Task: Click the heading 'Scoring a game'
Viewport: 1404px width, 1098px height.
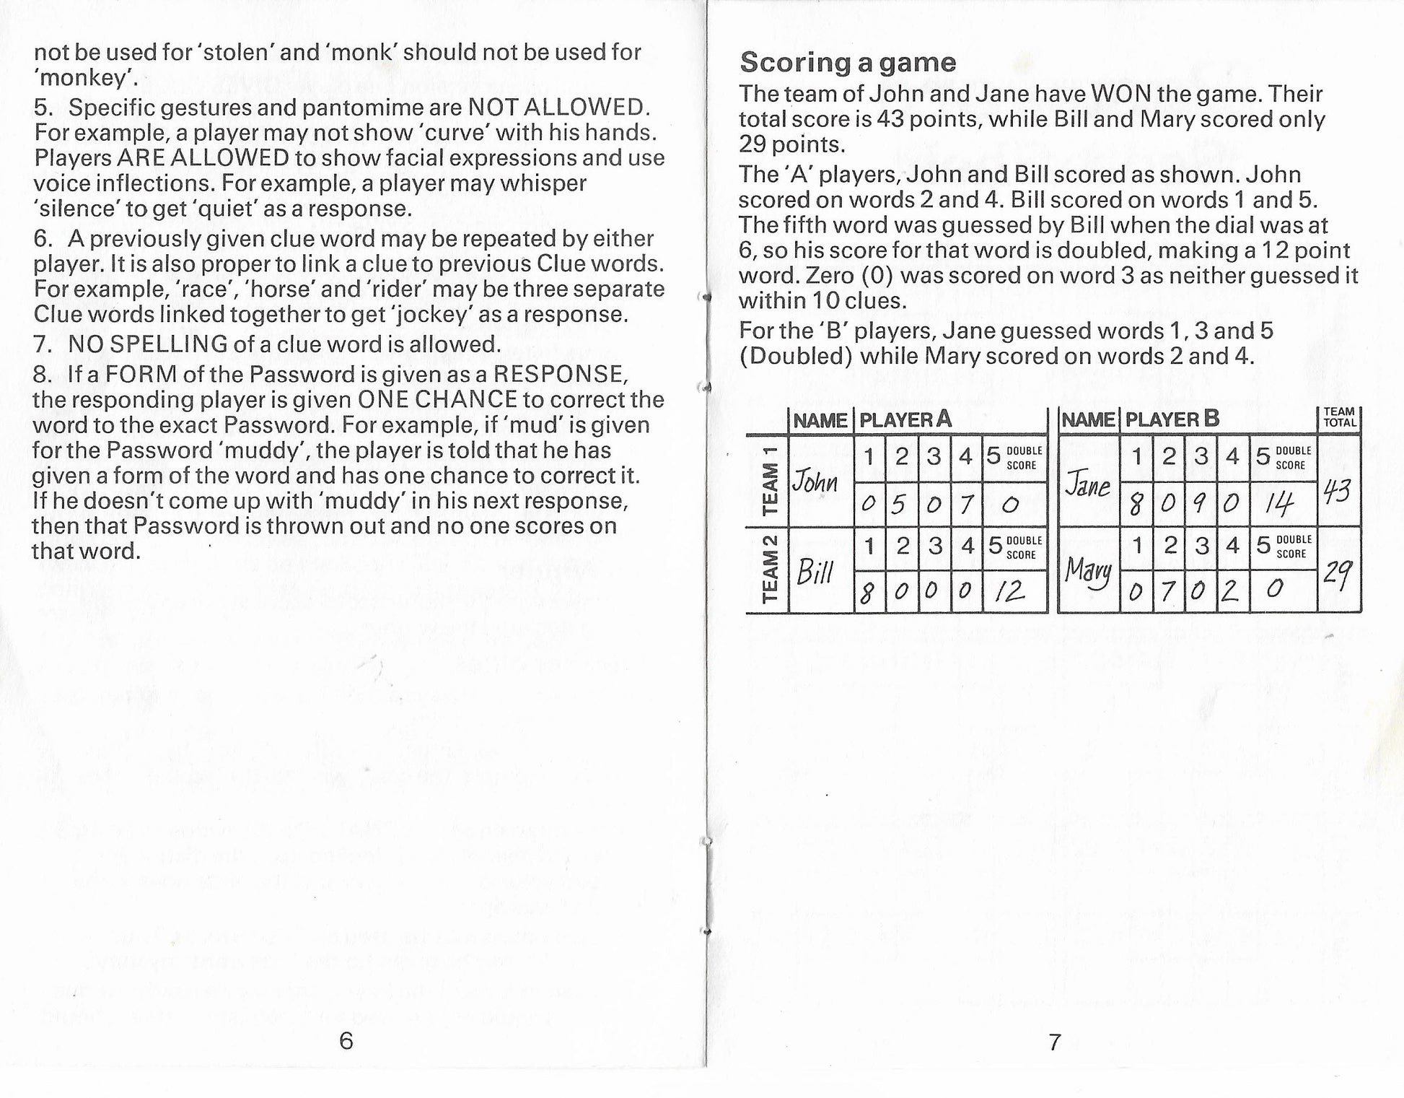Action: (848, 62)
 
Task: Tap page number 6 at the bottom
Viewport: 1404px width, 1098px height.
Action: (346, 1040)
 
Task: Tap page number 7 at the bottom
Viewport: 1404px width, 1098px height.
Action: (1055, 1042)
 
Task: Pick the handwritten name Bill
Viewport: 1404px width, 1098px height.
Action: (815, 573)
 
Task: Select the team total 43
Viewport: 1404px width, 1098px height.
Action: (1339, 492)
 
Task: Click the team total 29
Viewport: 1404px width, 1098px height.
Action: (1339, 576)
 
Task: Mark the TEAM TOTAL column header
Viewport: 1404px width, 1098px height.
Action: (1340, 417)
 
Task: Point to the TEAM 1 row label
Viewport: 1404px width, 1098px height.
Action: (769, 481)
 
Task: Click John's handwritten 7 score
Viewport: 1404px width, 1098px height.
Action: (966, 504)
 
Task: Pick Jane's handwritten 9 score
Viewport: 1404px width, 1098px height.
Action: (1201, 504)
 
